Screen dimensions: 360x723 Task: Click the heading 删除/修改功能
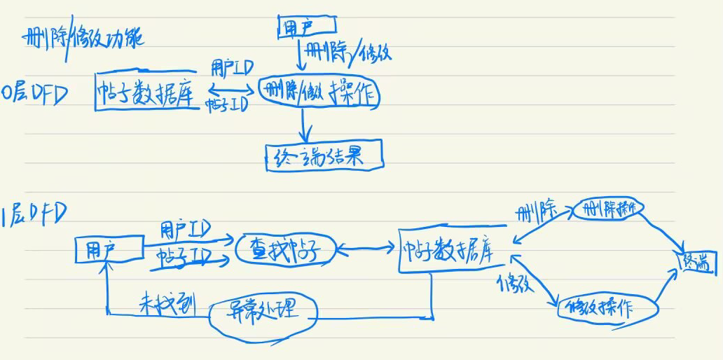click(83, 37)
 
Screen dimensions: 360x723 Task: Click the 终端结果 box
click(324, 157)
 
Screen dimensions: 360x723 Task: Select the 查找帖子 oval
click(284, 250)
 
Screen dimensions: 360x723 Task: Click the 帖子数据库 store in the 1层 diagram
click(451, 249)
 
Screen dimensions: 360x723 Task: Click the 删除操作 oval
click(608, 209)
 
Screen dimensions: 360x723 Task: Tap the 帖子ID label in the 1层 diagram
click(184, 253)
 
